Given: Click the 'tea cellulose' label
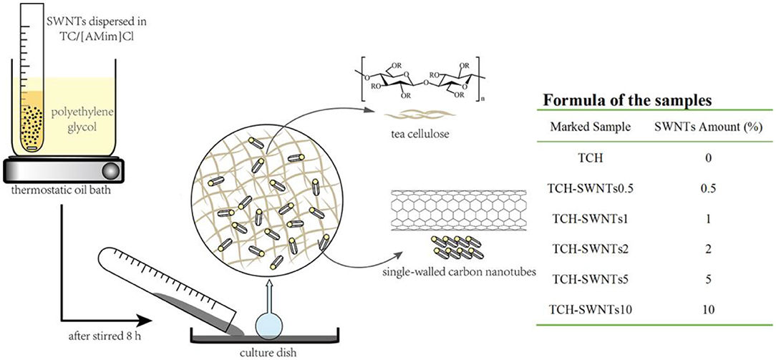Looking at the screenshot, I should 412,132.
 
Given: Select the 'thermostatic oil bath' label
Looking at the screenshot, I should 66,190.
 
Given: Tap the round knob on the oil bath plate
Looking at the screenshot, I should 112,170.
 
